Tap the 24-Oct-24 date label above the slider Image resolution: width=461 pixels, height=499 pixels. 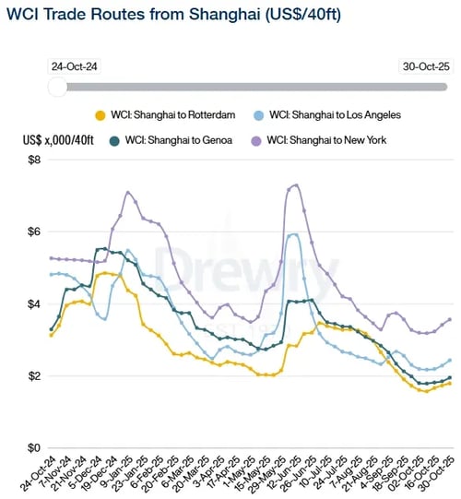click(77, 67)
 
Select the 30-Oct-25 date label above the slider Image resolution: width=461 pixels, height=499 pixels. click(427, 67)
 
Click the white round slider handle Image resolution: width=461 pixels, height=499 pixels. click(57, 87)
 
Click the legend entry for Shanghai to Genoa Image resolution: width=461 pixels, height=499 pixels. click(171, 140)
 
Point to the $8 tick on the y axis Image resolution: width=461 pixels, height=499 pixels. click(33, 160)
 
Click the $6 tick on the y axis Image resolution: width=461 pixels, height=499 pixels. click(33, 232)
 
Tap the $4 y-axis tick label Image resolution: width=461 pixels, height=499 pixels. click(33, 304)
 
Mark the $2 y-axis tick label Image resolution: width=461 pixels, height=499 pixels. click(33, 376)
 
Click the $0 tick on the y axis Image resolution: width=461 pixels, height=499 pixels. click(33, 448)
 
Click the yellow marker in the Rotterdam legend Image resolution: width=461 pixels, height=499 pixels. click(100, 115)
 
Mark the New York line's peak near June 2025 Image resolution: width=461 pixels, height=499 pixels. click(295, 184)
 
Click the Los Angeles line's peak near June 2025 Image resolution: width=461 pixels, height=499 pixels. click(293, 234)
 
